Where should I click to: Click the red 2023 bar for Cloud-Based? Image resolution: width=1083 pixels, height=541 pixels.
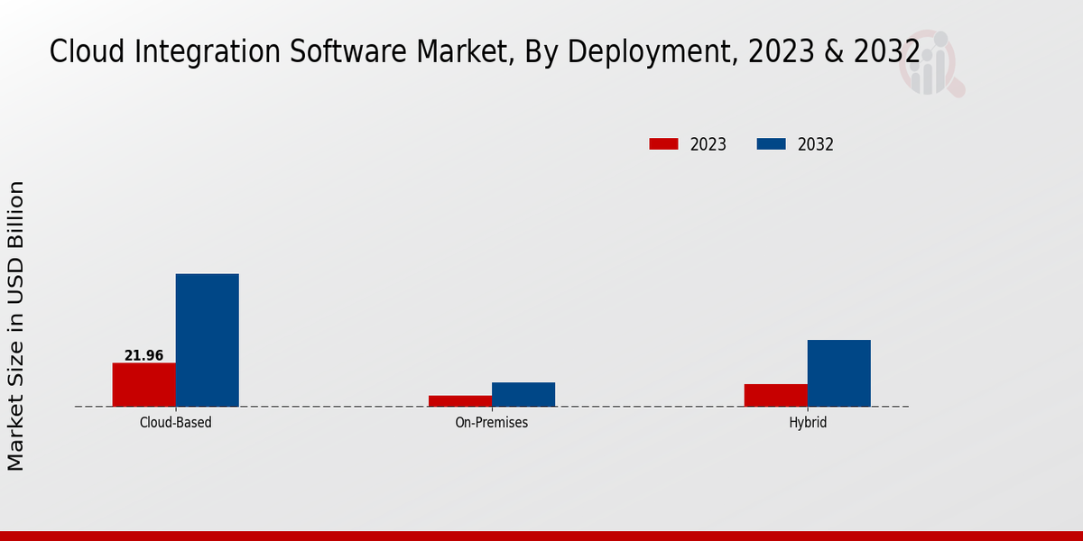(x=144, y=385)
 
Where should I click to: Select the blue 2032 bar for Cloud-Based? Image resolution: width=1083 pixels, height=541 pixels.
(x=208, y=340)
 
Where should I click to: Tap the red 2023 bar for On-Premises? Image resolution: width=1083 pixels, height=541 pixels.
(x=460, y=400)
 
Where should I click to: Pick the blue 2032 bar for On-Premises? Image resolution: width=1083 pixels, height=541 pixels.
(x=523, y=394)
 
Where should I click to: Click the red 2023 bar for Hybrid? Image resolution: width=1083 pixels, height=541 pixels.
(x=776, y=395)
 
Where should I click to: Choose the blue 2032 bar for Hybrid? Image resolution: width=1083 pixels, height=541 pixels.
(x=839, y=373)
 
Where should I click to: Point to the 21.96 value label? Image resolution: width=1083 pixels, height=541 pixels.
(x=144, y=355)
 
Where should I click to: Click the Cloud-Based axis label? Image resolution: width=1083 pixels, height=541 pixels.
(x=176, y=422)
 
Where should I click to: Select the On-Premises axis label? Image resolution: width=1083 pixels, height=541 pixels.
(x=492, y=422)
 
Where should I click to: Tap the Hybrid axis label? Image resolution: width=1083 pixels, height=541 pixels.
(x=808, y=422)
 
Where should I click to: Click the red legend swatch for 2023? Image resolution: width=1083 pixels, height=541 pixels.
(x=663, y=144)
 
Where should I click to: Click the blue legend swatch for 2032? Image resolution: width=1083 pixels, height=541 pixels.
(x=771, y=144)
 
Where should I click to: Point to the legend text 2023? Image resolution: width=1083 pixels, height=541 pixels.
(x=708, y=144)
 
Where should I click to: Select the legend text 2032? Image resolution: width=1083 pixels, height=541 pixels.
(x=816, y=144)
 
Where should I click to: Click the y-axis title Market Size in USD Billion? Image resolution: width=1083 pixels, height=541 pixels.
(x=16, y=325)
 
